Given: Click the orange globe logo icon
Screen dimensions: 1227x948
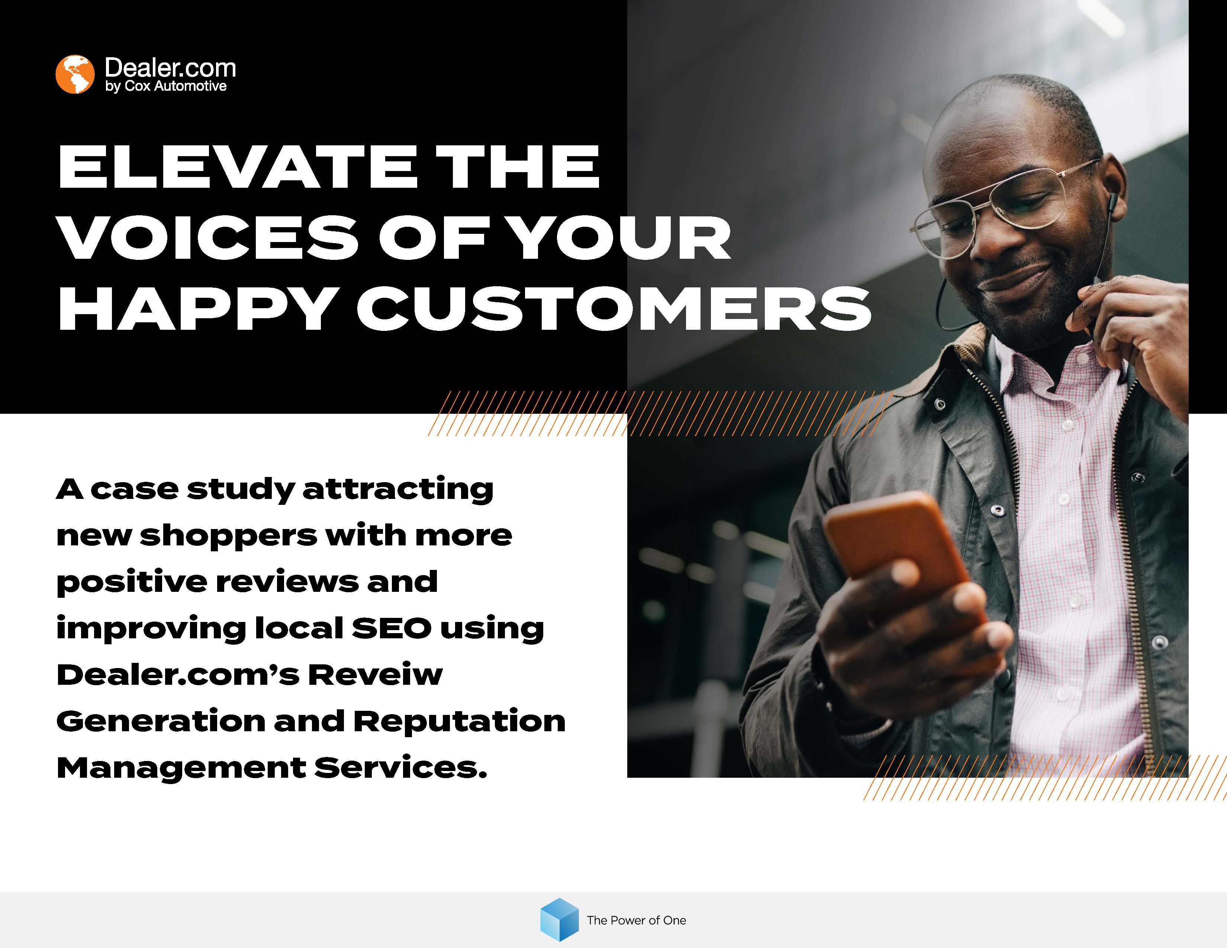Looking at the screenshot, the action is pyautogui.click(x=75, y=74).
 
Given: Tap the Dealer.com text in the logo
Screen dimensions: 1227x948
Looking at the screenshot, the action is pyautogui.click(x=170, y=68).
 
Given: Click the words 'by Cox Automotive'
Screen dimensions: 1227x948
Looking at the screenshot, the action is pyautogui.click(x=166, y=86).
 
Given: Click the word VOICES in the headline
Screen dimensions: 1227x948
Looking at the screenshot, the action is pyautogui.click(x=207, y=238).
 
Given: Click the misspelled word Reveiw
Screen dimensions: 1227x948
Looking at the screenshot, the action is pyautogui.click(x=375, y=674).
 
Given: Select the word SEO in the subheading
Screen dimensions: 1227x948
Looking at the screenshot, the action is pyautogui.click(x=391, y=628).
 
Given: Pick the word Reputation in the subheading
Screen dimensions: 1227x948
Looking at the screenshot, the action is pyautogui.click(x=460, y=722).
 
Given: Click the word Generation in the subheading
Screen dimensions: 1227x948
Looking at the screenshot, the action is pyautogui.click(x=161, y=721).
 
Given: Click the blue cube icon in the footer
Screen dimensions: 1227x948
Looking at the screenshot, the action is pyautogui.click(x=559, y=919).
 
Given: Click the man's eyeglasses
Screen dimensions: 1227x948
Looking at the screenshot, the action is pyautogui.click(x=1006, y=208).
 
